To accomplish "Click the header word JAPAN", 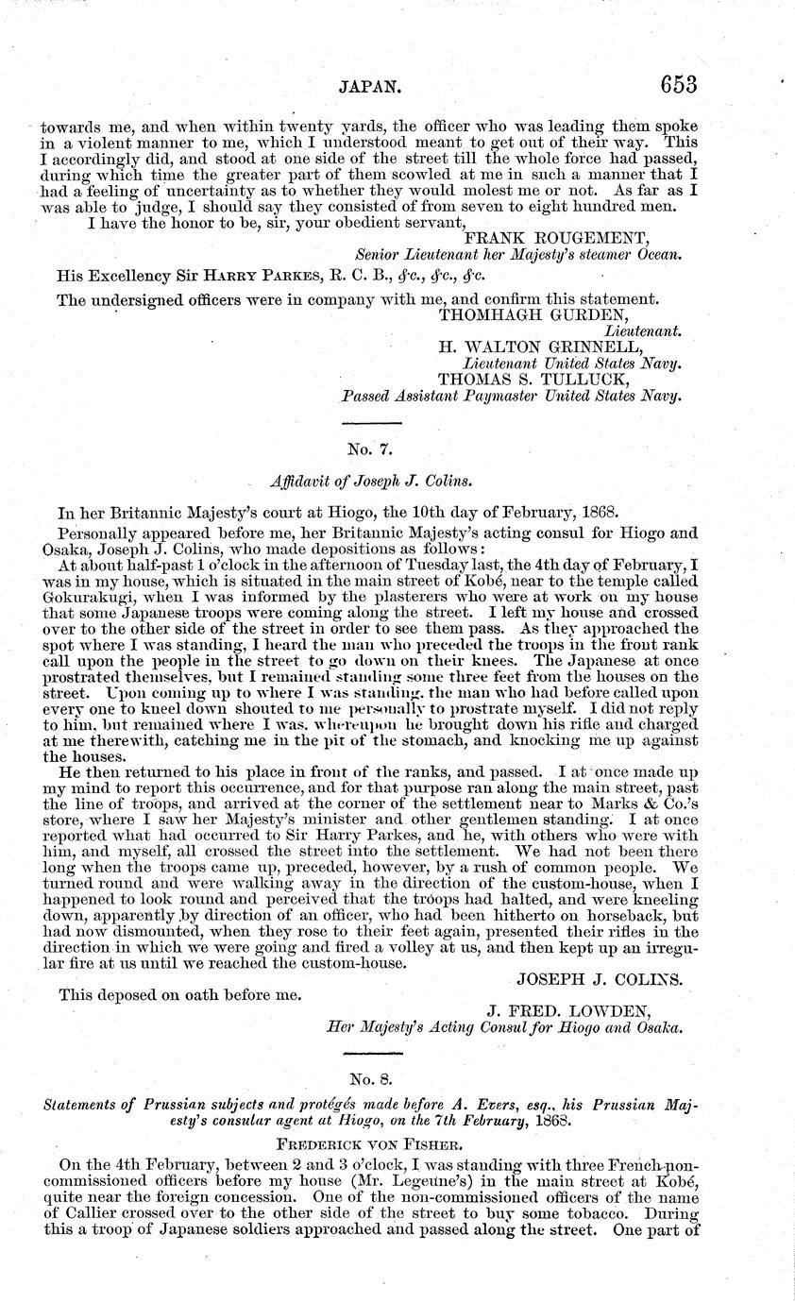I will [371, 87].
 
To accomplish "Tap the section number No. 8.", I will [370, 1076].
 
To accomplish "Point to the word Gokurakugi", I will [82, 598].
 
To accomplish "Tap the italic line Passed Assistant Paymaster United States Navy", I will [511, 396].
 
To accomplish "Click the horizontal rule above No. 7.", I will [370, 422].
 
